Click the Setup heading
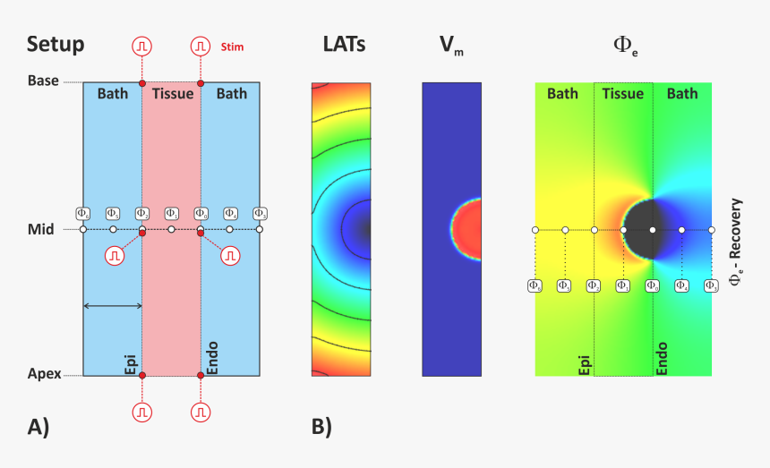tap(56, 44)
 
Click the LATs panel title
tap(344, 44)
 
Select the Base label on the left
tap(43, 81)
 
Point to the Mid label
tap(40, 229)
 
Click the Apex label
tap(43, 374)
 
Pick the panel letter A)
tap(38, 428)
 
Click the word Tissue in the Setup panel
tap(173, 93)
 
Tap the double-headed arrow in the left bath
tap(113, 306)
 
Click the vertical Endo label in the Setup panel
tap(212, 357)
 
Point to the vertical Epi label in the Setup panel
tap(131, 362)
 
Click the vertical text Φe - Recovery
tap(736, 241)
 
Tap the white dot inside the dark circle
tap(653, 230)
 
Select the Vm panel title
tap(451, 46)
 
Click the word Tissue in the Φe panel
tap(622, 93)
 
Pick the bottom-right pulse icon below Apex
tap(201, 412)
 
